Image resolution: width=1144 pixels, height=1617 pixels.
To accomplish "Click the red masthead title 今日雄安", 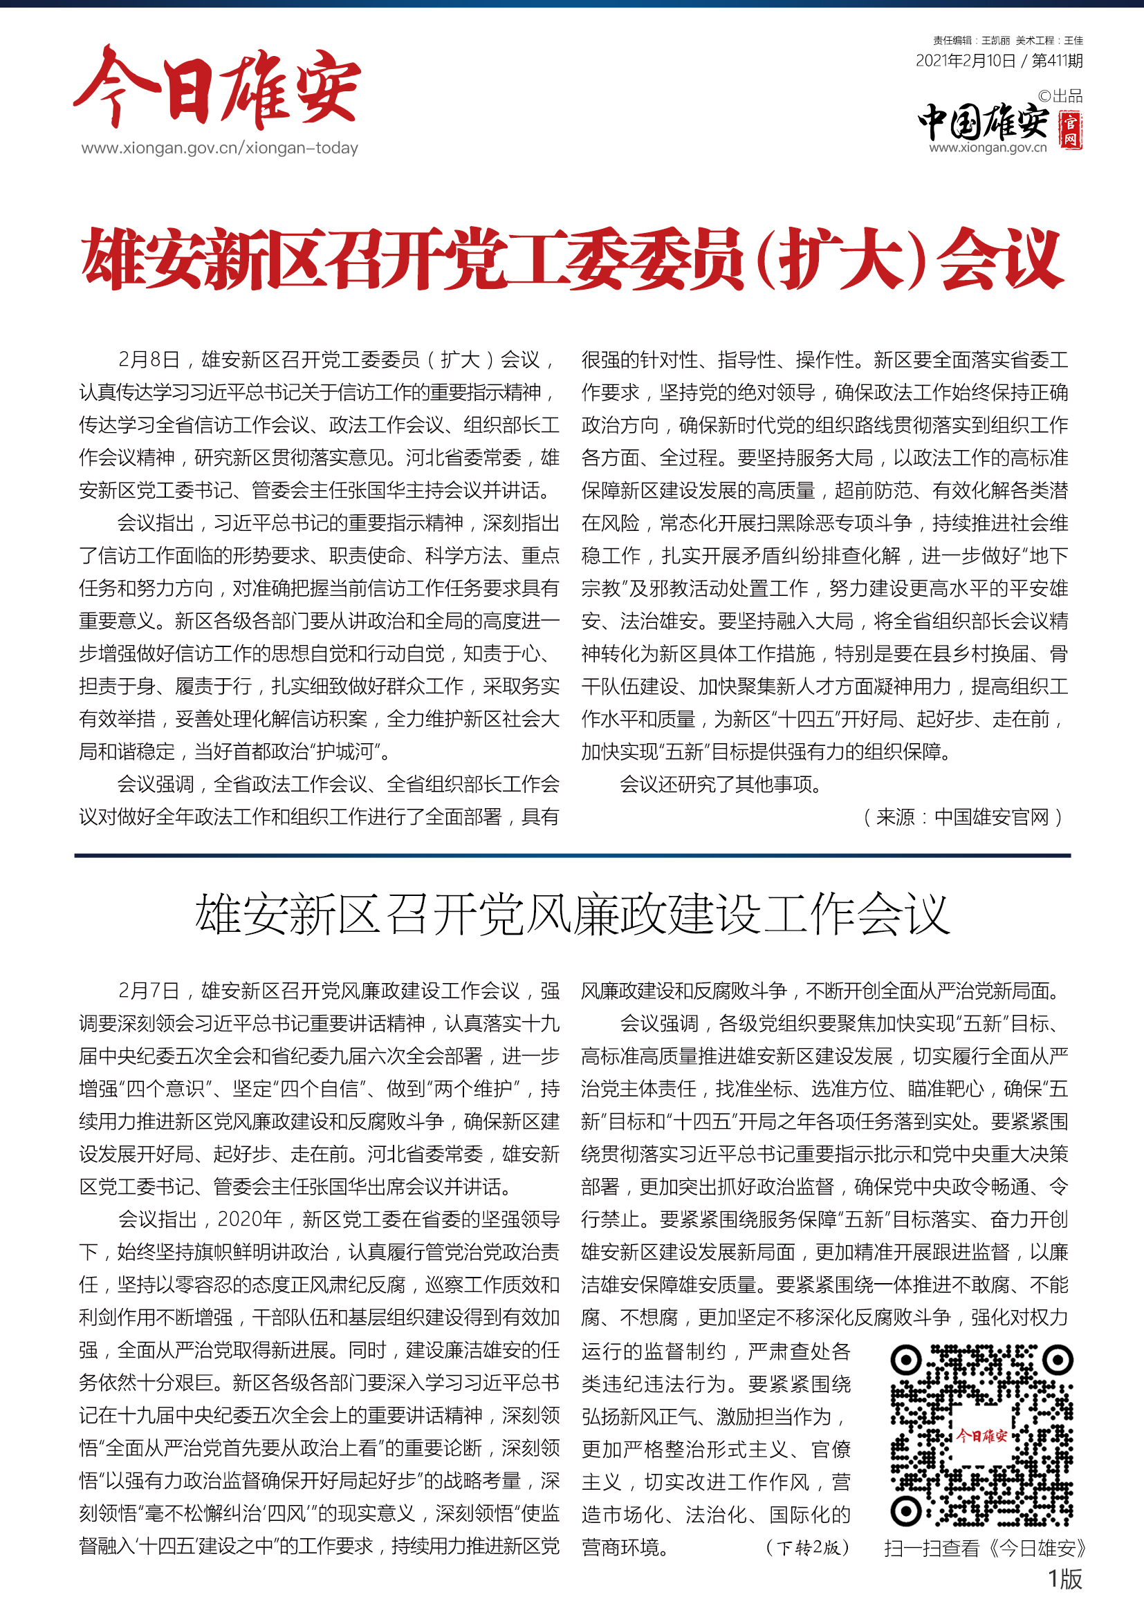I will pyautogui.click(x=217, y=88).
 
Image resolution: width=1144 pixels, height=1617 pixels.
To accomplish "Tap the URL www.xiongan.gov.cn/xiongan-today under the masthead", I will pyautogui.click(x=219, y=148).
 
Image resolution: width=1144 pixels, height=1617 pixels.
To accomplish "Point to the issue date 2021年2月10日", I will pyautogui.click(x=965, y=61).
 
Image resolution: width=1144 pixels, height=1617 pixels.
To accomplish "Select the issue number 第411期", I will pyautogui.click(x=1057, y=61).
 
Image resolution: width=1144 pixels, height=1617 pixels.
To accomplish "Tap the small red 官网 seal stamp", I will pyautogui.click(x=1071, y=131).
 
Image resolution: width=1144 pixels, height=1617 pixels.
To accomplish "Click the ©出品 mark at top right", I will pyautogui.click(x=1060, y=96).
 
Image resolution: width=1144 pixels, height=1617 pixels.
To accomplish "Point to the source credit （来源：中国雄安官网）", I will pyautogui.click(x=962, y=817).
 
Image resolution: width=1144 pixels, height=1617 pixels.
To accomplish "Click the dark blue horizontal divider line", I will pyautogui.click(x=572, y=855).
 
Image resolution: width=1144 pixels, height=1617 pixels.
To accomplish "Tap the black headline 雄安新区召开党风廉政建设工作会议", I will pyautogui.click(x=572, y=914).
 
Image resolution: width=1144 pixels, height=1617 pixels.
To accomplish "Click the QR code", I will pyautogui.click(x=982, y=1435).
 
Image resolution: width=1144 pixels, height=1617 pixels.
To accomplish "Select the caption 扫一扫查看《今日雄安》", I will pyautogui.click(x=985, y=1548).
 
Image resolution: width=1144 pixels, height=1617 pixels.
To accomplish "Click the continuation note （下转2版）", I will pyautogui.click(x=807, y=1547).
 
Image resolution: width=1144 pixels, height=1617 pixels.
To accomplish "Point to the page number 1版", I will pyautogui.click(x=1064, y=1579).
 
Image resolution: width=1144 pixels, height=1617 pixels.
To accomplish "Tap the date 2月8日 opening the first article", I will pyautogui.click(x=149, y=360).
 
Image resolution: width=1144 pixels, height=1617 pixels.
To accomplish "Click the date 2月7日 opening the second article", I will pyautogui.click(x=149, y=991).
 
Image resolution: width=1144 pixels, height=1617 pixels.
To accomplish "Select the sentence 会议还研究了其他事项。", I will pyautogui.click(x=721, y=784).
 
